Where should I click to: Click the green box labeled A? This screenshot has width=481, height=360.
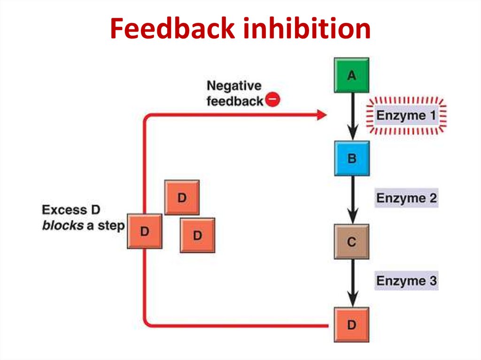(351, 75)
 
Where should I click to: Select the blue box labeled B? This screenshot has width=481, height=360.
(352, 158)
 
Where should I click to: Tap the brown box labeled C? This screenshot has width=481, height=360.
(351, 242)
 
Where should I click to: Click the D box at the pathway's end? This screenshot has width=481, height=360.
(351, 325)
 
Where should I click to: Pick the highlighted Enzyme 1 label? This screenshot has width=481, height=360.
(407, 115)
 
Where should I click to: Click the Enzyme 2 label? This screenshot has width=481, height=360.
(406, 198)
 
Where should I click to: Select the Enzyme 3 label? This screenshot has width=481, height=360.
(406, 281)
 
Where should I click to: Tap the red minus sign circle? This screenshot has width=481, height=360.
(273, 100)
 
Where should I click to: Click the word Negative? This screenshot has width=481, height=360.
(233, 86)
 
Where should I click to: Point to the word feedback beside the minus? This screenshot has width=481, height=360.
(234, 101)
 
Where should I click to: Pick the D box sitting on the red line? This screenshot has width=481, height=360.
(145, 231)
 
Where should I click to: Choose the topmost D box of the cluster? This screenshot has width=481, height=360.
(182, 198)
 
